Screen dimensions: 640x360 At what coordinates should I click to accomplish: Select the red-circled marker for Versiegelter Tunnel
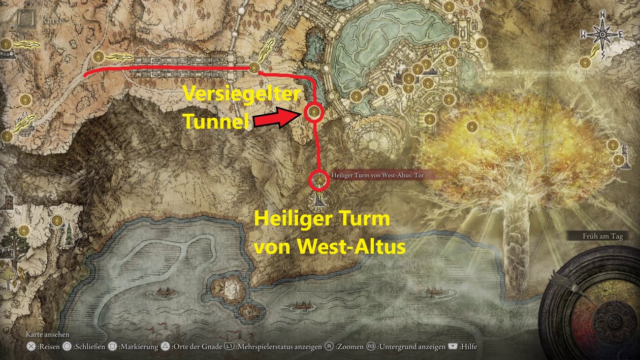(314, 113)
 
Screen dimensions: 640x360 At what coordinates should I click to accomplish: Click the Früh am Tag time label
(603, 236)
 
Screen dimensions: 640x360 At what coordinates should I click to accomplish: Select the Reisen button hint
(45, 347)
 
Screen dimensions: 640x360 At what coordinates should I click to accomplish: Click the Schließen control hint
(85, 347)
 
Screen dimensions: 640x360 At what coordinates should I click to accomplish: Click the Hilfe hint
(463, 347)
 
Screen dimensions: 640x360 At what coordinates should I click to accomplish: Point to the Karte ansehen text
(47, 335)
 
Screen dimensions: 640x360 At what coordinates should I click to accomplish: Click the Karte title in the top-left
(51, 20)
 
